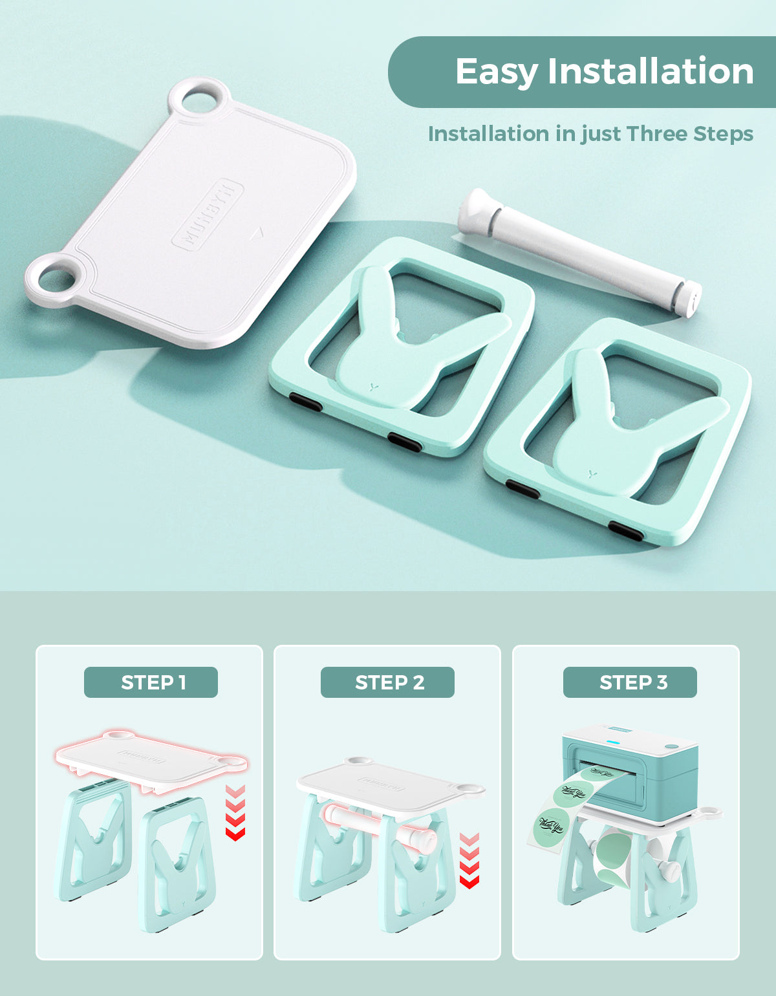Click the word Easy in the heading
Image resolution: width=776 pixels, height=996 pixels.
[x=495, y=72]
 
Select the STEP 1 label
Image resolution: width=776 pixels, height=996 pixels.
[x=151, y=682]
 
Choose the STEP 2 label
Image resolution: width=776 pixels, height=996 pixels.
[x=388, y=682]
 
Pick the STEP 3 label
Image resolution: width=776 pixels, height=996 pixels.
[x=630, y=682]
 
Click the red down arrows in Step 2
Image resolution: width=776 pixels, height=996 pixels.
[x=469, y=860]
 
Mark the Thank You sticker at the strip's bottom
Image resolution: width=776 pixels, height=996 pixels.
[x=550, y=826]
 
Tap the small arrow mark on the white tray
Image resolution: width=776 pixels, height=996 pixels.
[x=257, y=231]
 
